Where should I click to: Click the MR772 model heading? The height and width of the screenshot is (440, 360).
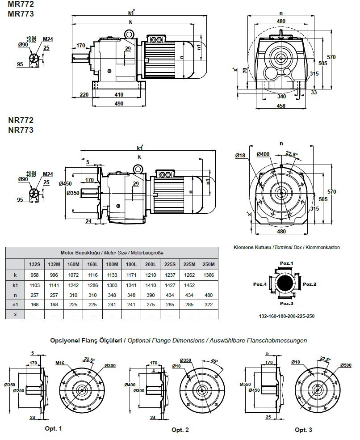21,4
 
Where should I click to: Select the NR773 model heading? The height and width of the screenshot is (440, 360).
21,130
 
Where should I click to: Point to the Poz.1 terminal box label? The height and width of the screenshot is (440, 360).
286,263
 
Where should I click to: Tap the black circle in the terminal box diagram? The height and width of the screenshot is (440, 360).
285,283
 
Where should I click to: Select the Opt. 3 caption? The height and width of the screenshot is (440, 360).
303,430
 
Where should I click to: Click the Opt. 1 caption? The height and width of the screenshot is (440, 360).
53,428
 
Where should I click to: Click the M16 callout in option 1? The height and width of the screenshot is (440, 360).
61,363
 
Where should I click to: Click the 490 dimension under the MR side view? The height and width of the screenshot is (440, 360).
119,103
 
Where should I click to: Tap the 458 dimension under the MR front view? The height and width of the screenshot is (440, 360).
281,106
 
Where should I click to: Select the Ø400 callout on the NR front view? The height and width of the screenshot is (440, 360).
263,154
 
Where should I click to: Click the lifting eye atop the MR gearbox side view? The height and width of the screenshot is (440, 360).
130,34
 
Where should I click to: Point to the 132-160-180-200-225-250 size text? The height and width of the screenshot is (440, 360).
287,316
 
